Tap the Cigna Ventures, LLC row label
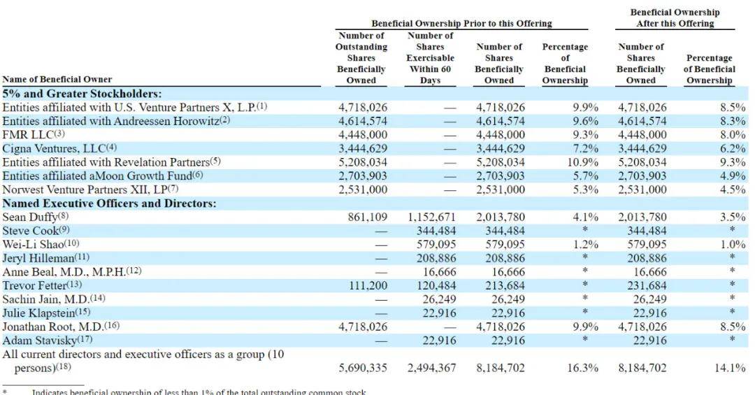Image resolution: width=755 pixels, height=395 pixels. [54, 148]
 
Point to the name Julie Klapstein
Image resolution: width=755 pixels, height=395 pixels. [38, 313]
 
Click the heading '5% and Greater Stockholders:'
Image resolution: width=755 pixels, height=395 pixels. [82, 94]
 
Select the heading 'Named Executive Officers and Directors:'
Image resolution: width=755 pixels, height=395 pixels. [109, 203]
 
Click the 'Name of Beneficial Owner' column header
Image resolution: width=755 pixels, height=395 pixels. [57, 80]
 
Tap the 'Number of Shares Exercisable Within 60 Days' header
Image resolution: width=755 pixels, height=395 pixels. [430, 58]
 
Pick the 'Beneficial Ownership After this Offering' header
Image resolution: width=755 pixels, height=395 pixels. [675, 17]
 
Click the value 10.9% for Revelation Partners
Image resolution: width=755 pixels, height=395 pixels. [582, 162]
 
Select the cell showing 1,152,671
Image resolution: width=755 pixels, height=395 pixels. [431, 217]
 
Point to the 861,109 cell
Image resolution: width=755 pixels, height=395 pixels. [368, 217]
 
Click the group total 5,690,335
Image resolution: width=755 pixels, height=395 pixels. [363, 368]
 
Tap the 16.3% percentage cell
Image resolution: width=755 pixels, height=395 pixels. [582, 368]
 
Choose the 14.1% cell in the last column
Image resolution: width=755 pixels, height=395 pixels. [730, 368]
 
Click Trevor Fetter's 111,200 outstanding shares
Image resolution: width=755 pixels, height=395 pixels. [368, 286]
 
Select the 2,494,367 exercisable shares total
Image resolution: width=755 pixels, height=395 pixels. [431, 368]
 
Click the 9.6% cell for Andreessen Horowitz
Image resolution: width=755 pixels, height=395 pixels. [586, 121]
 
